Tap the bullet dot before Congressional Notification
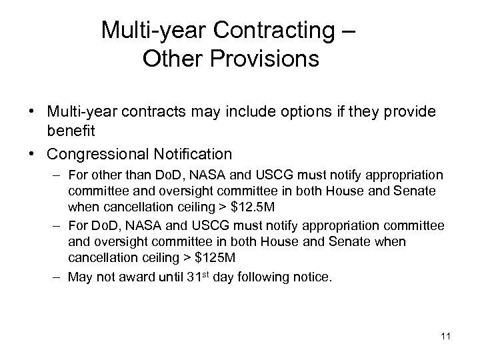33,155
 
